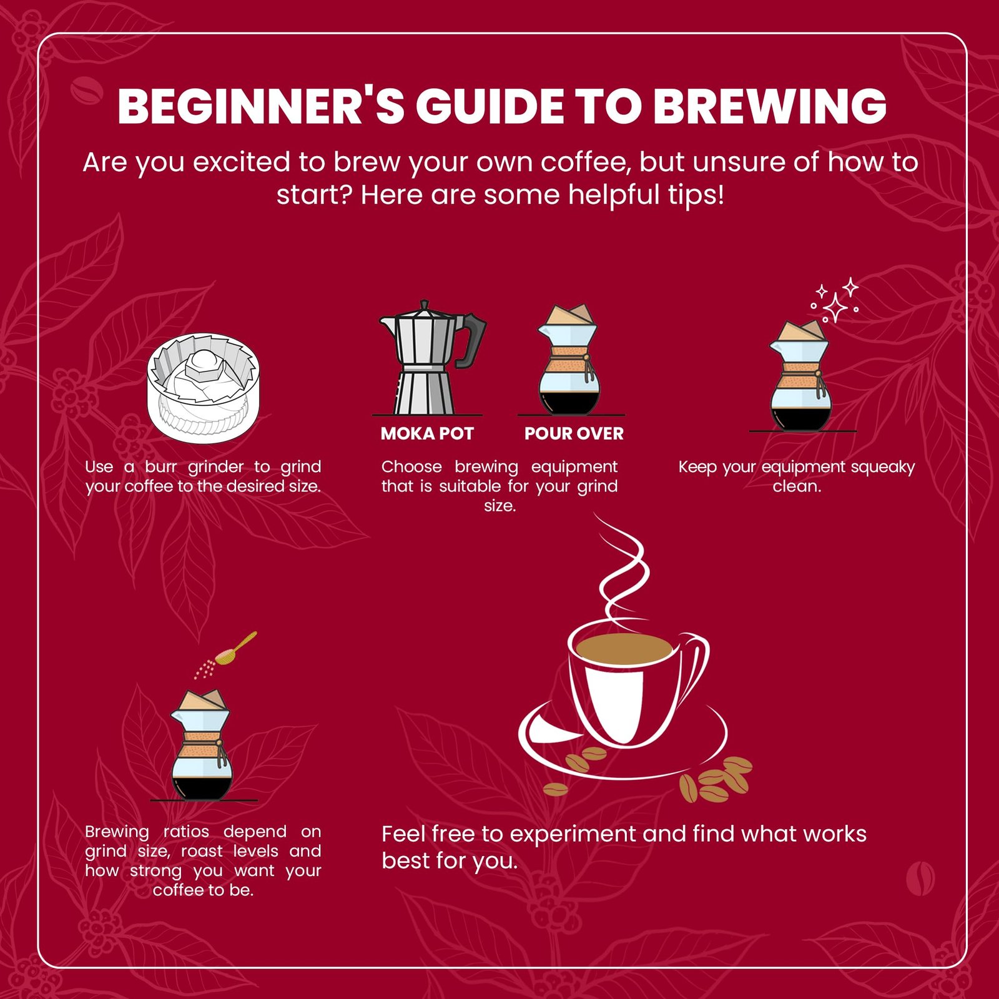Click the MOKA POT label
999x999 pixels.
[427, 433]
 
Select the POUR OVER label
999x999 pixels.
[574, 433]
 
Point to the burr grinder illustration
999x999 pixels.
[204, 388]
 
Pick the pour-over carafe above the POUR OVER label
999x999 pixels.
[569, 360]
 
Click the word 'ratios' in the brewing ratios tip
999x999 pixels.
[186, 831]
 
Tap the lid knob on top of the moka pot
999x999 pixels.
[425, 306]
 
